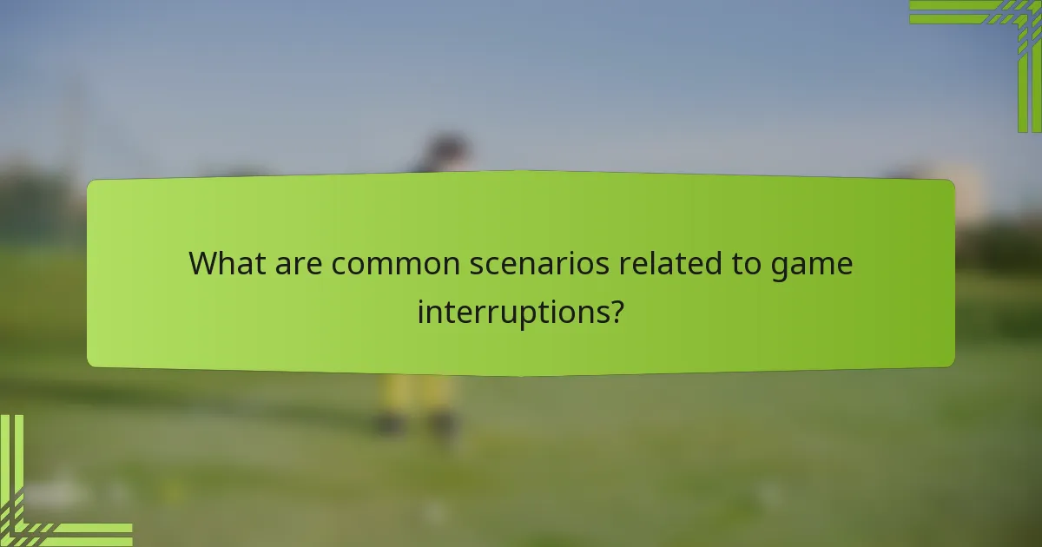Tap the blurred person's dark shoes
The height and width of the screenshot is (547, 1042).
click(x=417, y=425)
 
